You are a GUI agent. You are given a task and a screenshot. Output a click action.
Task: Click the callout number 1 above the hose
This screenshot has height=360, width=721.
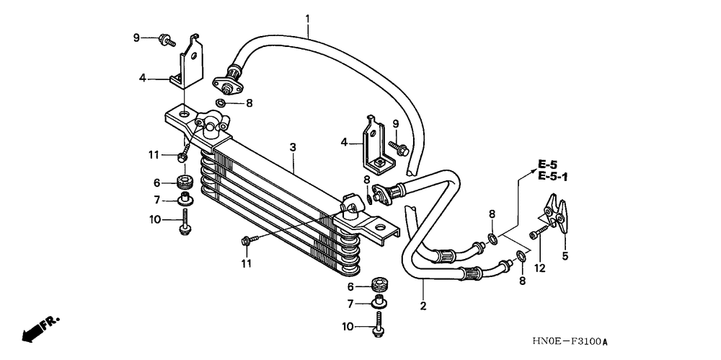tap(307, 17)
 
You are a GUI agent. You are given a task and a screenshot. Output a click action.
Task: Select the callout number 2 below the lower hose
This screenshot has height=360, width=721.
tap(423, 306)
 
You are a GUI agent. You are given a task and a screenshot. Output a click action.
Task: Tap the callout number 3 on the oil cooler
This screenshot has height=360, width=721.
tap(293, 148)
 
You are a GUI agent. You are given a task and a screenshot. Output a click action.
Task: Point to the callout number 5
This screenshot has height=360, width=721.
tap(565, 255)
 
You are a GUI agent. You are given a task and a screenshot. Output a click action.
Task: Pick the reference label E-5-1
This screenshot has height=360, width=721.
tap(552, 176)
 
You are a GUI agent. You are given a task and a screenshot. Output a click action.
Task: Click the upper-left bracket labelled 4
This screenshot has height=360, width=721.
tap(187, 63)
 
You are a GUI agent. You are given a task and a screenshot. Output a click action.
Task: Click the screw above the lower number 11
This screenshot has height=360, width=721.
tap(247, 240)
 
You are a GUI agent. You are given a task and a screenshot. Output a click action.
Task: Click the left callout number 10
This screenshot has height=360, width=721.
tap(154, 219)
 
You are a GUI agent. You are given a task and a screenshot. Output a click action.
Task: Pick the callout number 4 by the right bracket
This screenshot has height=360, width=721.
tap(344, 143)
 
